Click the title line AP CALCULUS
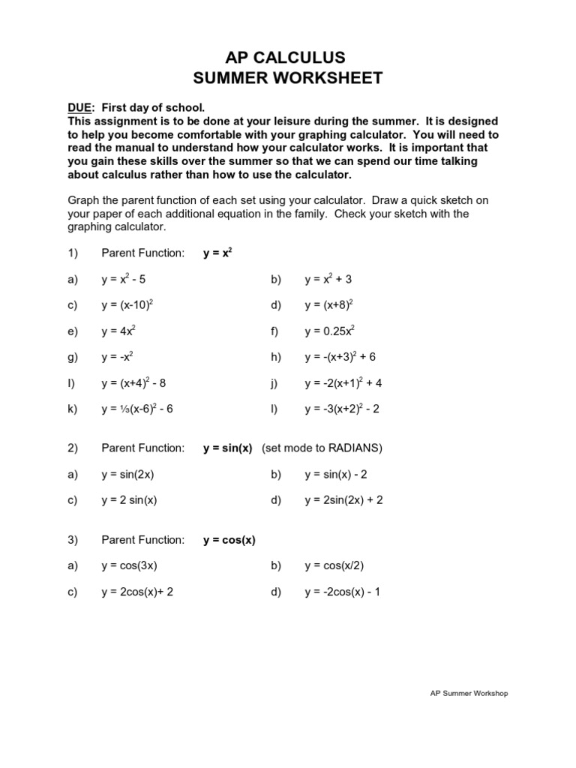288,58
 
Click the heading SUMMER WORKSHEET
288,78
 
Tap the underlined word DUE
80,107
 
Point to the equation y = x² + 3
328,279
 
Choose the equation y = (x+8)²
328,305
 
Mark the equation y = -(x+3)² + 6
340,357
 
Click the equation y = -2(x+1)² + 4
343,383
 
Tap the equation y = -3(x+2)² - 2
343,409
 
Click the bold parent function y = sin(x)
227,448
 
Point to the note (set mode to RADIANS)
322,448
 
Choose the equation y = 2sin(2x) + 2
343,500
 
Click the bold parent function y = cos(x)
229,540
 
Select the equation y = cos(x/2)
334,565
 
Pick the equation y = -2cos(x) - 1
342,592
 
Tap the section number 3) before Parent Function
73,540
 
